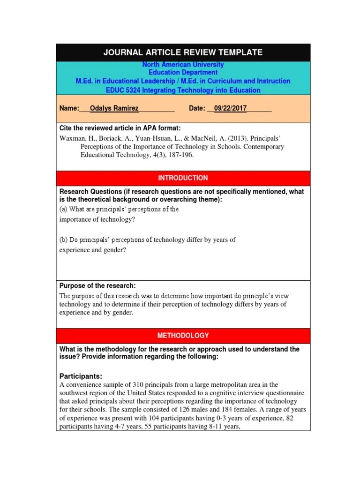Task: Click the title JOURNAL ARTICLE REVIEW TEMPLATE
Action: coord(183,52)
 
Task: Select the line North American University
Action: coord(183,65)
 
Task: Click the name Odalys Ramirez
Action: coord(114,108)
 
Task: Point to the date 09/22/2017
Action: coord(230,108)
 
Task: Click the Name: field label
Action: coord(69,108)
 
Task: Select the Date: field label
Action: coord(197,108)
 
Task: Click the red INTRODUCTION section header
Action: coord(183,178)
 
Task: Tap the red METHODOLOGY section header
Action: coord(183,336)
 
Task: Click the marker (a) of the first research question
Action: coord(64,209)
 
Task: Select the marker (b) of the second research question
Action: coord(64,240)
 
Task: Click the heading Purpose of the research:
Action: coord(97,286)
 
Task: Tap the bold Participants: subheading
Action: coord(81,376)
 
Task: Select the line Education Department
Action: coord(183,73)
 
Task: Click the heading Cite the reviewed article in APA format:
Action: coord(120,128)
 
